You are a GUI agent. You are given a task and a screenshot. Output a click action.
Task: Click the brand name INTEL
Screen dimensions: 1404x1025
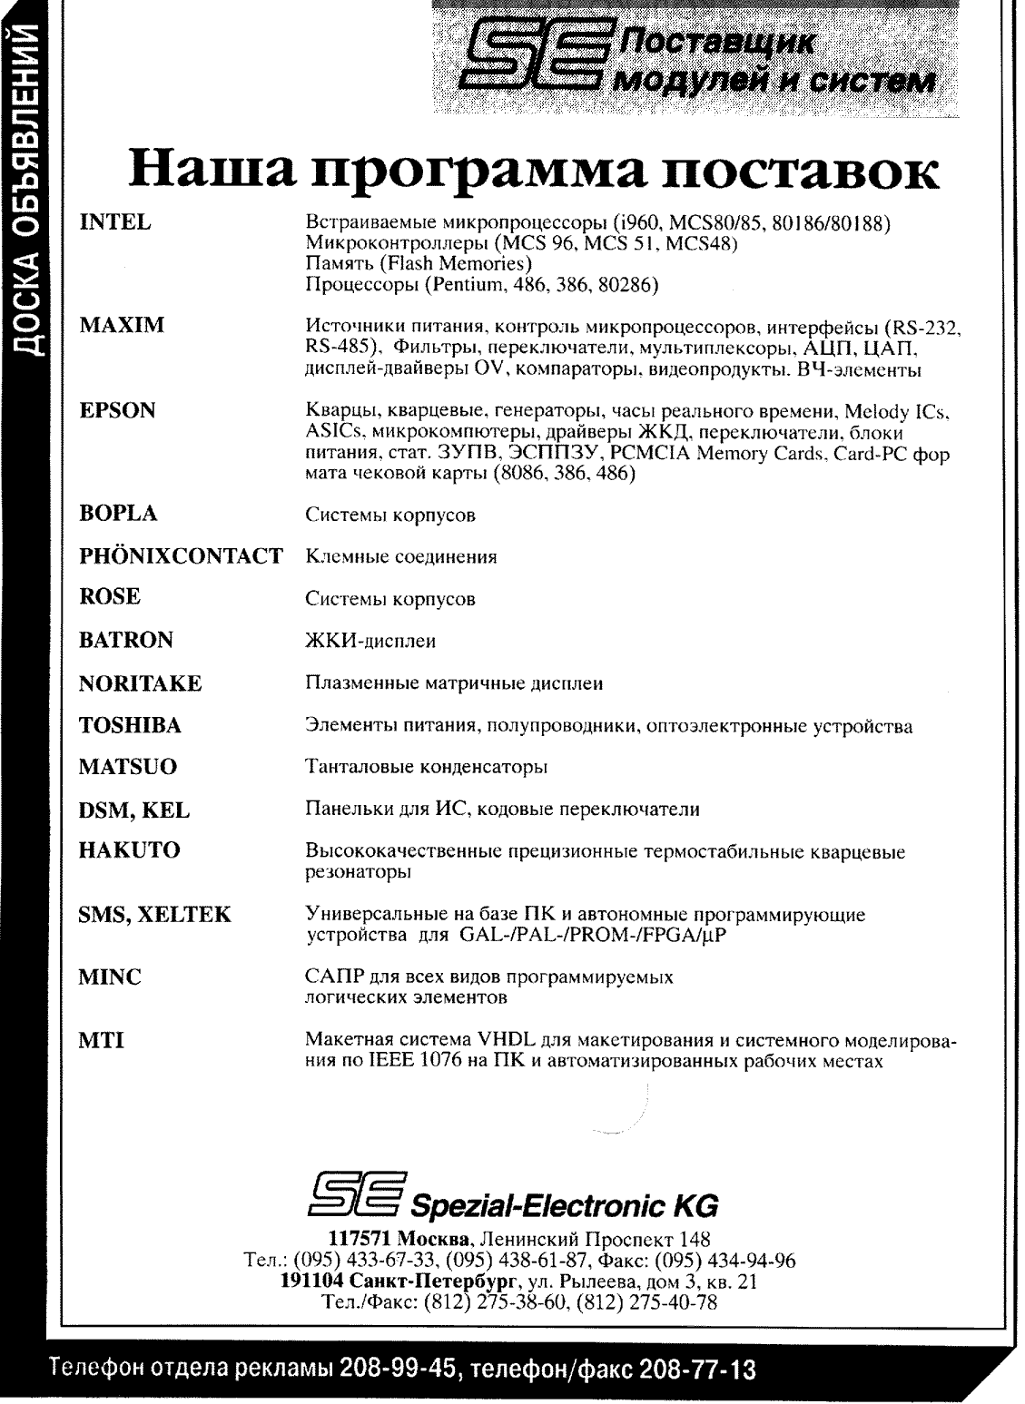(x=113, y=222)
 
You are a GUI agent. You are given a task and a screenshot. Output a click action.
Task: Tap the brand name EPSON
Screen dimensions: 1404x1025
(x=117, y=410)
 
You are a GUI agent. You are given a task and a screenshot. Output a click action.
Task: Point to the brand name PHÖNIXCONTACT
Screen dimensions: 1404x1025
(x=181, y=555)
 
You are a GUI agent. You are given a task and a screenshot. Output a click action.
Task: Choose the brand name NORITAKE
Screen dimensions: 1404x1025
(x=140, y=683)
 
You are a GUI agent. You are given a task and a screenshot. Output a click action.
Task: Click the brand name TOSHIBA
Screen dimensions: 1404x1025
(x=130, y=725)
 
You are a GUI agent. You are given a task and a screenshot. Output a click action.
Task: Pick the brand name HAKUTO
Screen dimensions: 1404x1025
(x=129, y=850)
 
